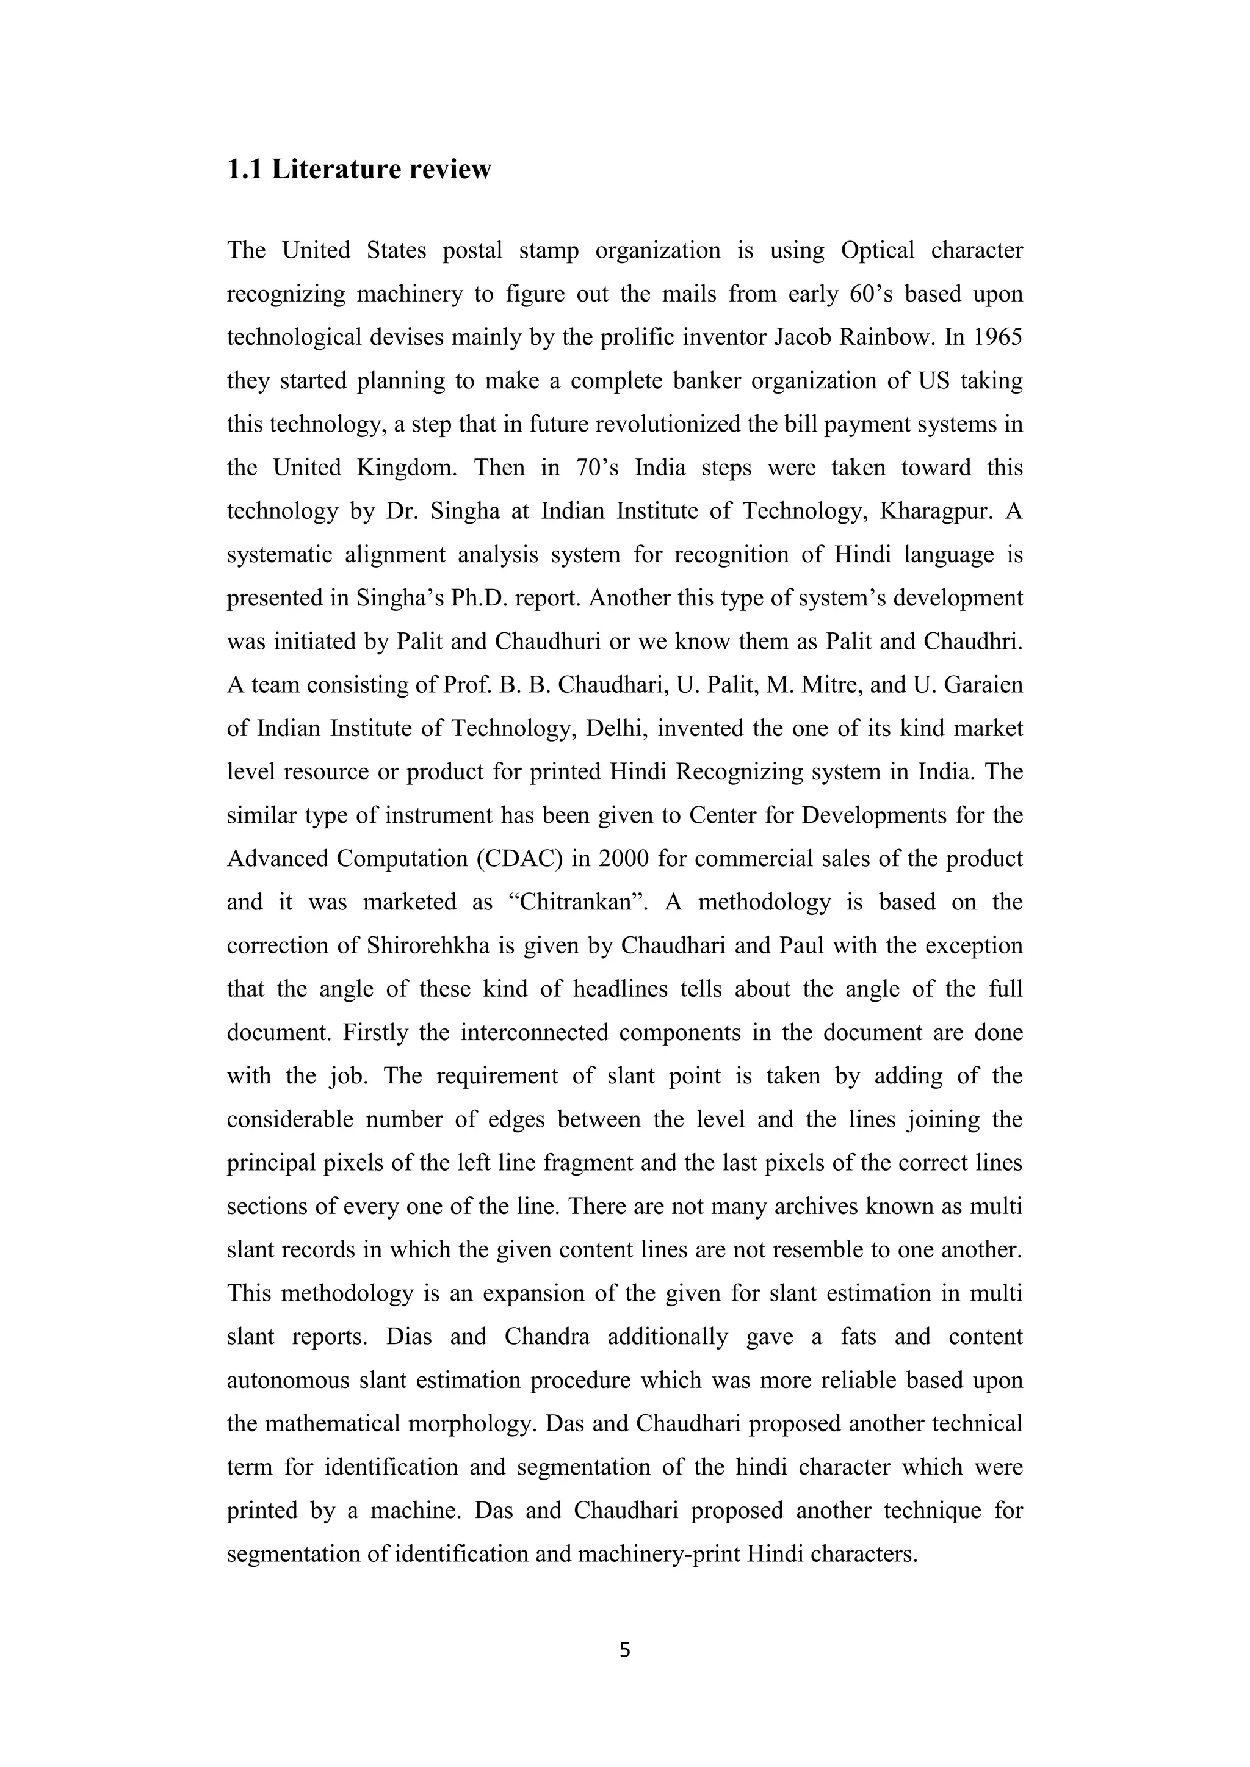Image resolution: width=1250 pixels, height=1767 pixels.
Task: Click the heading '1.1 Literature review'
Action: tap(359, 169)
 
